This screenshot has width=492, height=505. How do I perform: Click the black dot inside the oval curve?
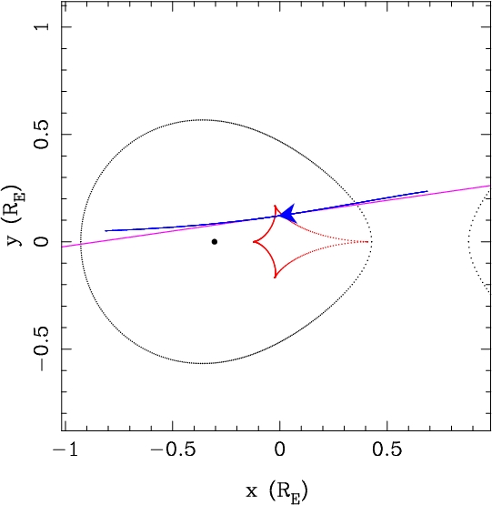pos(215,241)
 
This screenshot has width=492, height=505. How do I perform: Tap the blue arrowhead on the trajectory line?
pos(288,214)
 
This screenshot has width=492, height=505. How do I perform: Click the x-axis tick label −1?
pos(65,449)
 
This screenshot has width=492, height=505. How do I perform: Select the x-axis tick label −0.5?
pos(173,449)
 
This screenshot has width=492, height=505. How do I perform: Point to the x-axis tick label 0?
pos(280,449)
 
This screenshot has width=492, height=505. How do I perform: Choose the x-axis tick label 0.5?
pos(387,449)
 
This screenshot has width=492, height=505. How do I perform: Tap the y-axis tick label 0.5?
pos(42,135)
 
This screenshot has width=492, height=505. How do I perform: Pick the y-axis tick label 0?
pos(42,241)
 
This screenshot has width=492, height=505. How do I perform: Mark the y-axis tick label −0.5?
pos(42,348)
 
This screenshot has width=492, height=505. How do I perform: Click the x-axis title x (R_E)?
pos(276,491)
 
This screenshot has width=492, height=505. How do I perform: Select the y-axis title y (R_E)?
pos(14,215)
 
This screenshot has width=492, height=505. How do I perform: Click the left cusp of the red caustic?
pos(254,241)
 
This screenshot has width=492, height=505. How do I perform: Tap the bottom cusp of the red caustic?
pos(275,278)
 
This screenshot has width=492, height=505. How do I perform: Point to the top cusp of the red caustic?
pos(275,206)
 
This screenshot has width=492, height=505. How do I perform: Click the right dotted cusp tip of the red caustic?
pos(367,241)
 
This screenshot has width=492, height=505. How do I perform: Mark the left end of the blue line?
pos(105,230)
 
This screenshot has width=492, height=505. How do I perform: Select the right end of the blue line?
pos(427,191)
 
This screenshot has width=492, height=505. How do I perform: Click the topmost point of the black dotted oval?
pos(202,120)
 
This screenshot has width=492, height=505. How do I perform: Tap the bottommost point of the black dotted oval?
pos(202,363)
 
